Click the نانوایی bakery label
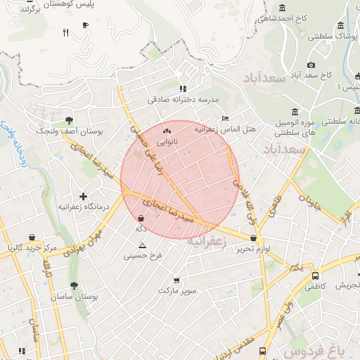167,142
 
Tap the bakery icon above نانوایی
167,131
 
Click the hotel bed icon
225,118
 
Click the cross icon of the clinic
84,196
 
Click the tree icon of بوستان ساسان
75,286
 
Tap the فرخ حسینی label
143,257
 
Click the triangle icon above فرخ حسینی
143,246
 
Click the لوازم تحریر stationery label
253,250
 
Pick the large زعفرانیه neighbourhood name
207,240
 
